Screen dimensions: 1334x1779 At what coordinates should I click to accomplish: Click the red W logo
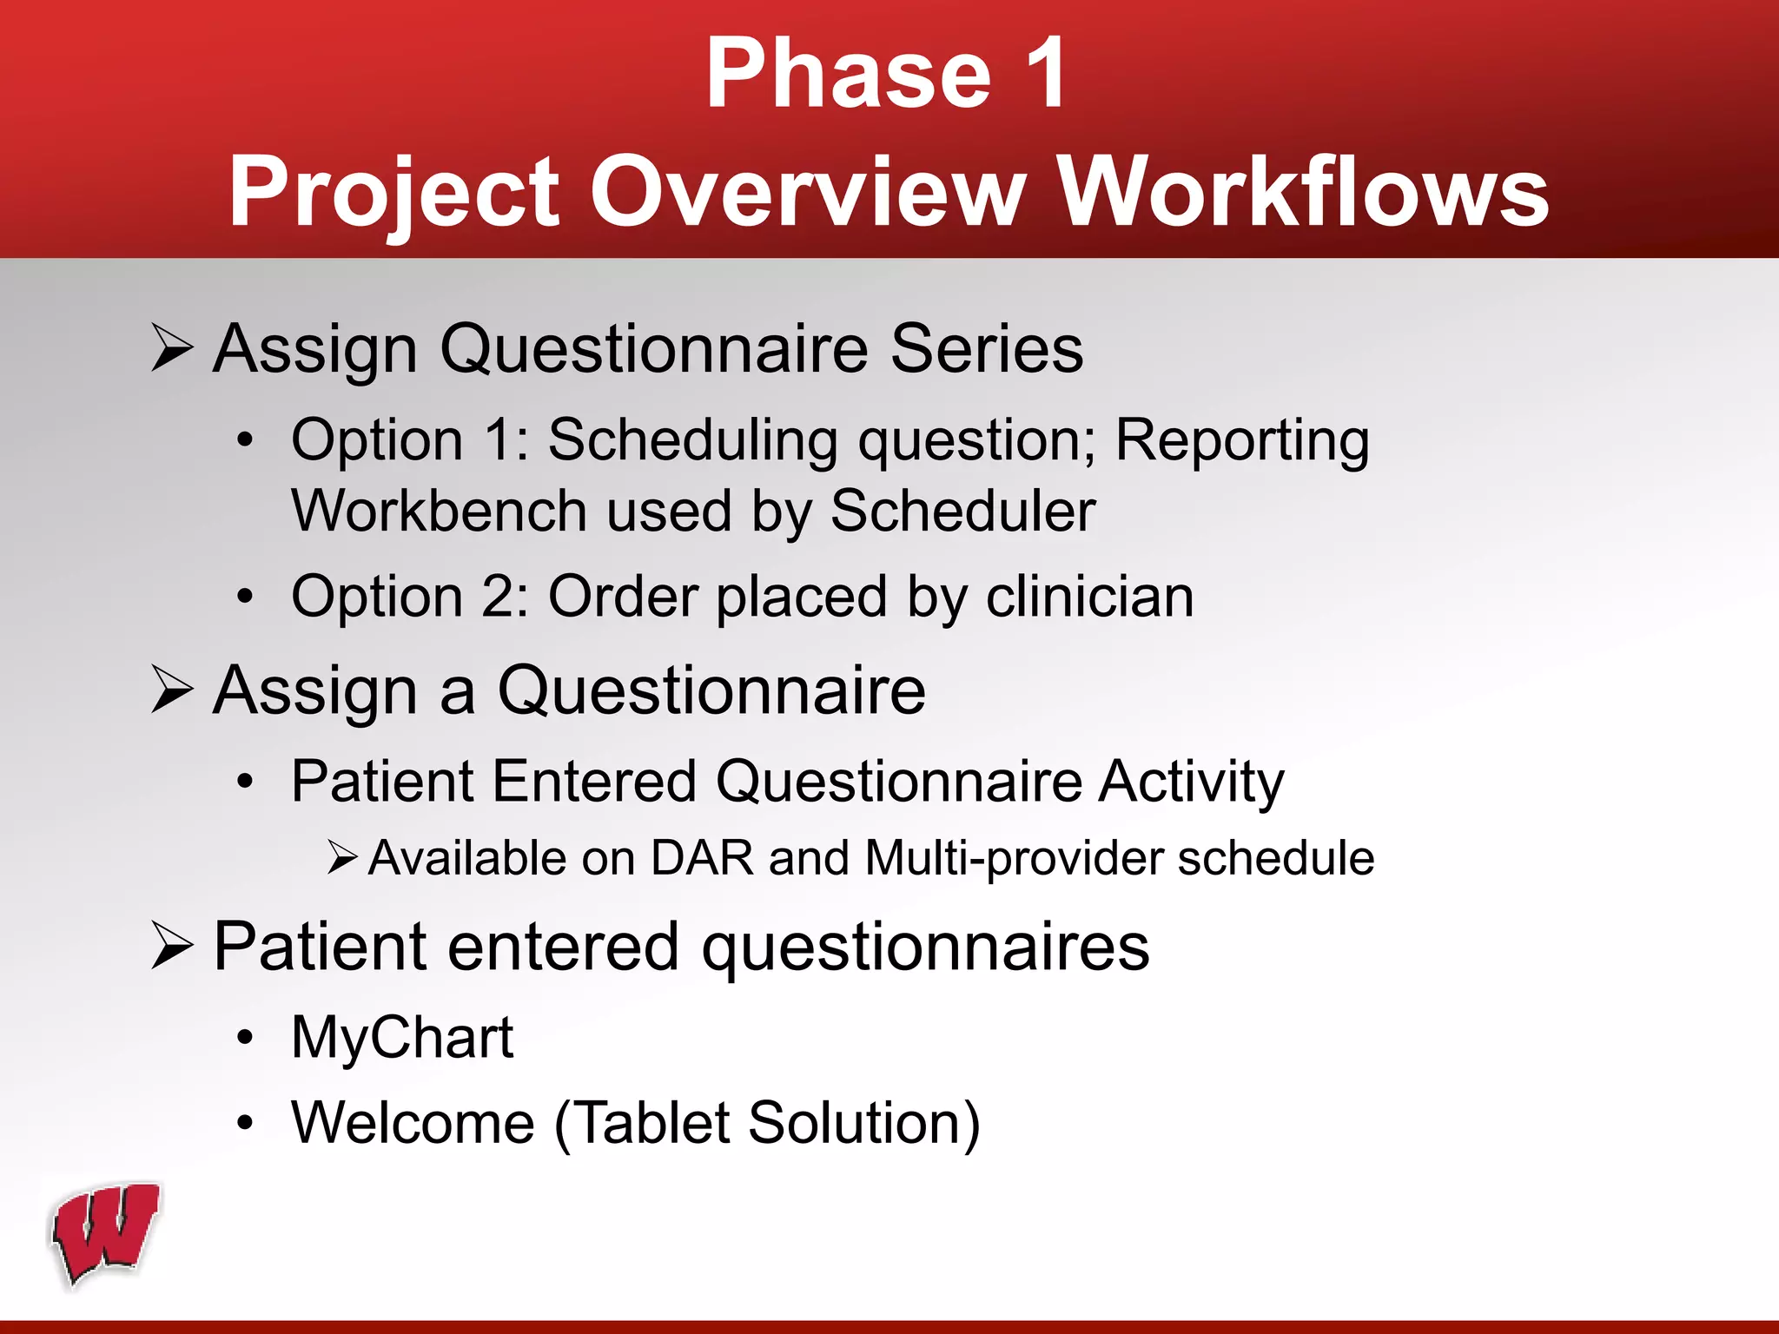[106, 1233]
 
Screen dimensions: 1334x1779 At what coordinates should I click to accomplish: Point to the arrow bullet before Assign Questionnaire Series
[171, 347]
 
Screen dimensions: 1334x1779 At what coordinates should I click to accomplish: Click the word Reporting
[1242, 441]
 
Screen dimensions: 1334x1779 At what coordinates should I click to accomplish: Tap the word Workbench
[439, 511]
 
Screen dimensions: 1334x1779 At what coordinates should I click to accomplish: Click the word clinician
[1089, 598]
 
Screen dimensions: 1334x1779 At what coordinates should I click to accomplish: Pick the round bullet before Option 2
[246, 598]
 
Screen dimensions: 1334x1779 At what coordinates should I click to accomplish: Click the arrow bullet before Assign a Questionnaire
[171, 690]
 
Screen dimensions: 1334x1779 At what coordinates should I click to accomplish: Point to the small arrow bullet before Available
[342, 858]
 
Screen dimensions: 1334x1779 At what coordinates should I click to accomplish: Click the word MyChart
[402, 1039]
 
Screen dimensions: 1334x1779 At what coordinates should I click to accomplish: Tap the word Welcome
[413, 1123]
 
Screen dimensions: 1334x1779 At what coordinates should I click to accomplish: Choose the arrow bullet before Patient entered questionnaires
[171, 946]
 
